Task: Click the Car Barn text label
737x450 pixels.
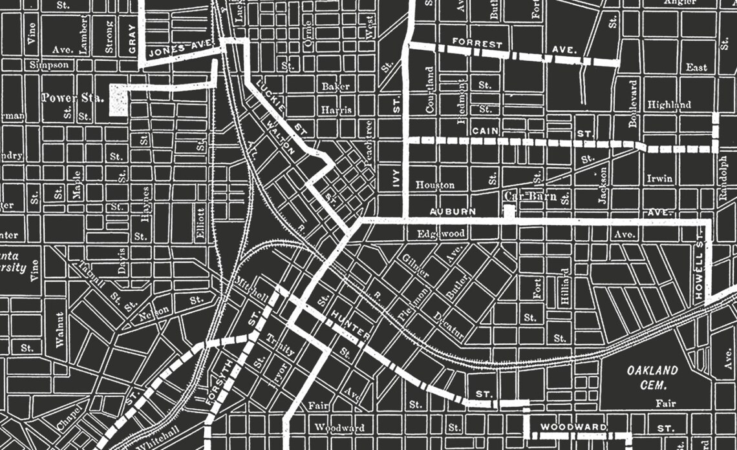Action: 530,196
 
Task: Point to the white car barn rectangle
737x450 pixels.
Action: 509,212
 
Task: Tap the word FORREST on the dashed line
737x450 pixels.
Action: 477,45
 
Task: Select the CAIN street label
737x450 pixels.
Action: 484,132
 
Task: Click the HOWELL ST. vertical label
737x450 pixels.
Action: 699,271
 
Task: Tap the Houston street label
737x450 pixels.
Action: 434,185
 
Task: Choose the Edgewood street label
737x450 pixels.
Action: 441,233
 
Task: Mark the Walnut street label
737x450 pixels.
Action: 60,330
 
